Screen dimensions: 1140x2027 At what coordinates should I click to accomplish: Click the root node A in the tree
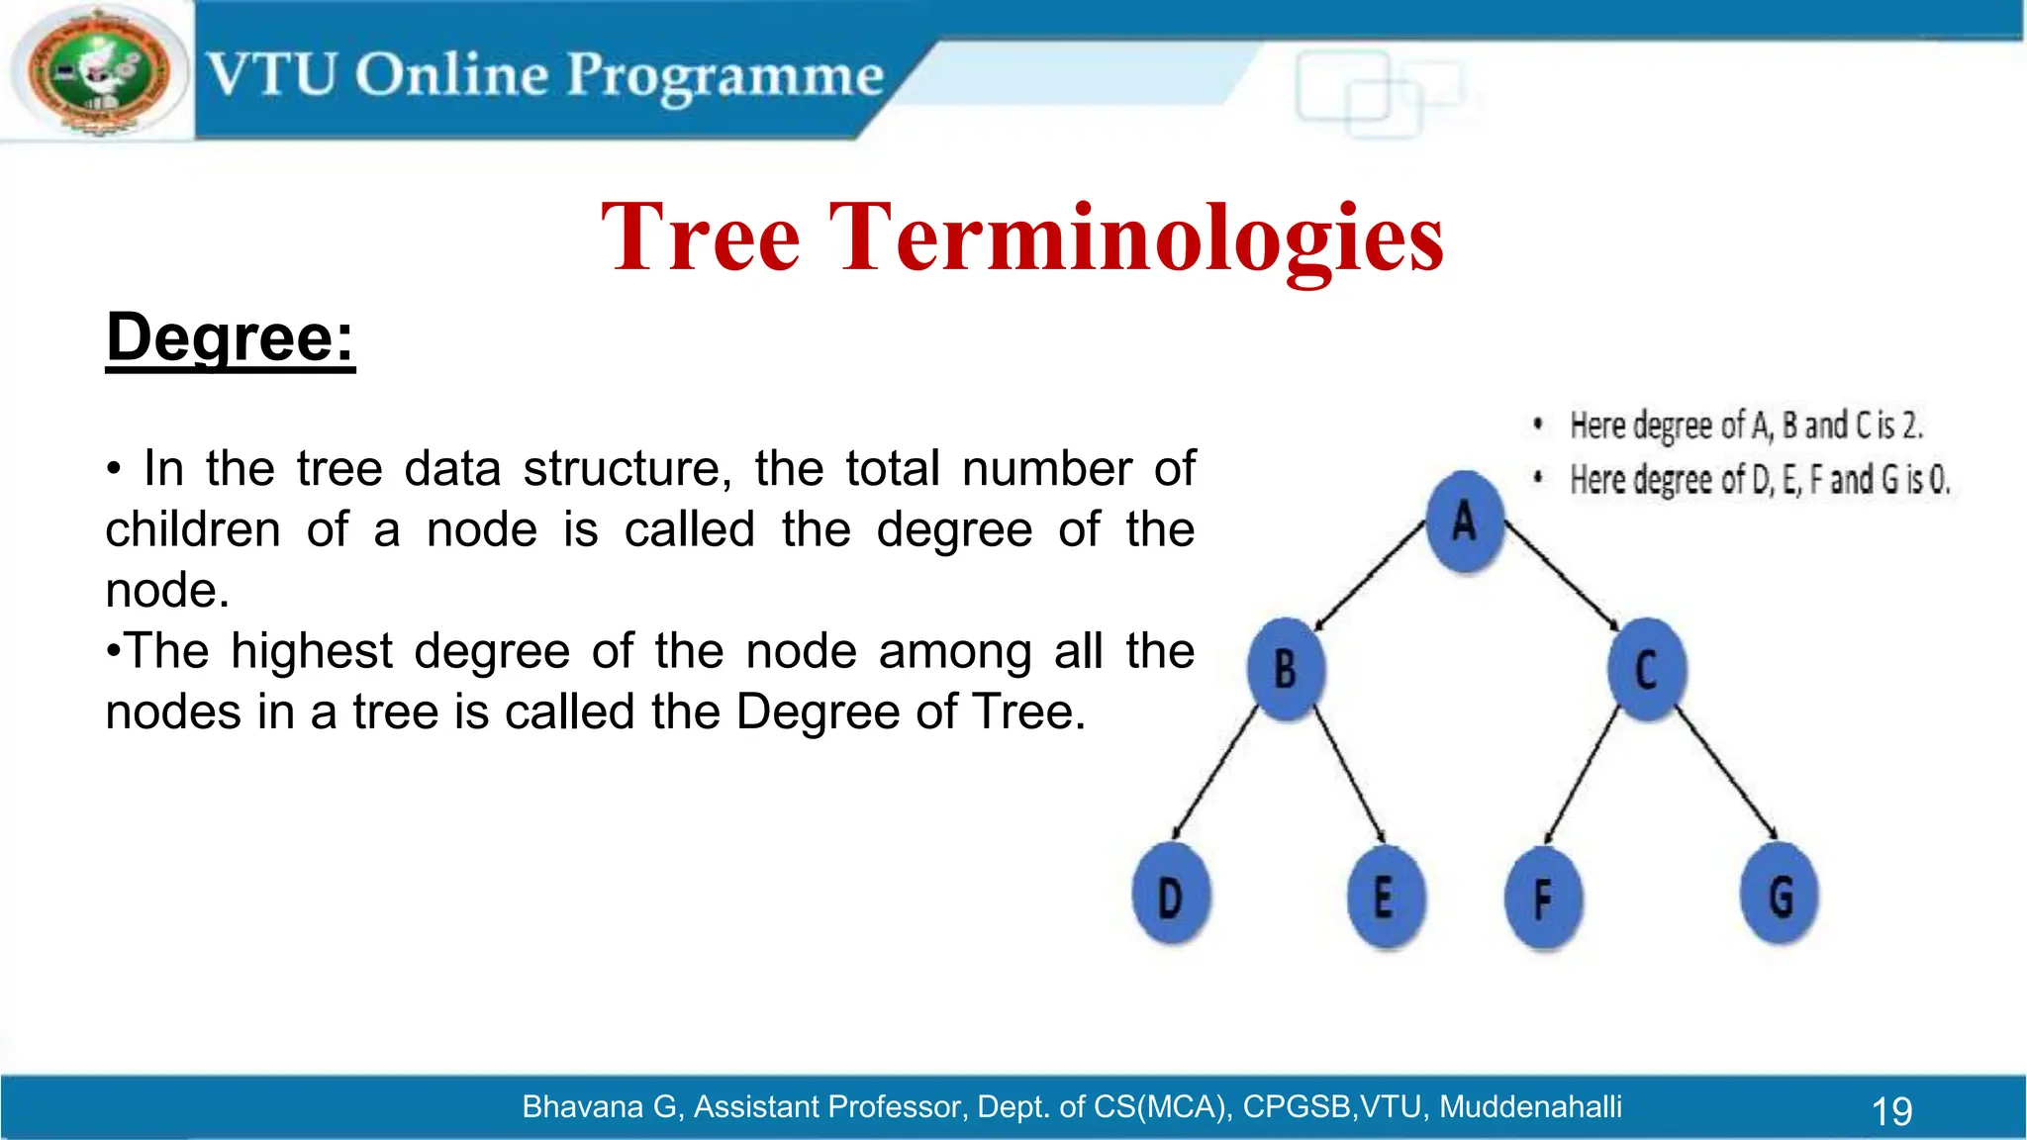pos(1465,522)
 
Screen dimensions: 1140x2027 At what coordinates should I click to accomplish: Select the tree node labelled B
pos(1285,669)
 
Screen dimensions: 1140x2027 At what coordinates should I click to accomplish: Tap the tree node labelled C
pos(1646,670)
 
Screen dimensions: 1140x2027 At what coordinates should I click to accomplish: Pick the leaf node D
pos(1171,897)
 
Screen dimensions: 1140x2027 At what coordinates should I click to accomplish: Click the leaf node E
pos(1385,897)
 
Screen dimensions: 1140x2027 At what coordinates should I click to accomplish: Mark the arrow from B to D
pos(1214,772)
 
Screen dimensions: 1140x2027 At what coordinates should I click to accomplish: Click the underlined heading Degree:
pos(230,337)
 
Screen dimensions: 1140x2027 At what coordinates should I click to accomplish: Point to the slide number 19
pos(1891,1111)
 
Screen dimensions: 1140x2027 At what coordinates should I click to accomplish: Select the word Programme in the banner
pos(724,75)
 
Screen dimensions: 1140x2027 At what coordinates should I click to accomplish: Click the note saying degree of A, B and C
pos(1746,426)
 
